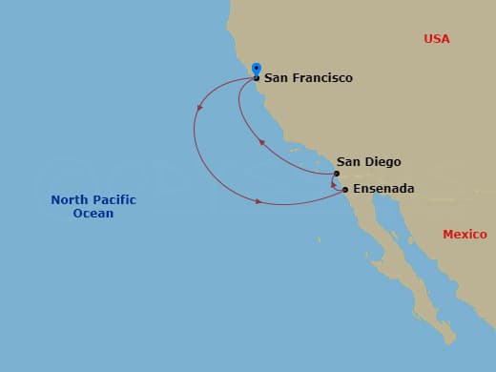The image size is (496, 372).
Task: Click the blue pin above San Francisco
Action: pos(256,69)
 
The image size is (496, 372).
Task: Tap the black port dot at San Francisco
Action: pos(256,78)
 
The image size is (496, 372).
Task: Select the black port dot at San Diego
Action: pos(337,174)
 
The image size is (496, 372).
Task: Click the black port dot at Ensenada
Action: pos(345,190)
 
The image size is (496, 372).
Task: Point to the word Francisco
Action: pos(321,78)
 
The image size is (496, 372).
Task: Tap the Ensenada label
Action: pos(383,189)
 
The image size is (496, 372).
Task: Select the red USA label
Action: pos(437,39)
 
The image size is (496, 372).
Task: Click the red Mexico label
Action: pos(465,235)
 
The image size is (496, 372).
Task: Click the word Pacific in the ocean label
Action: pos(114,199)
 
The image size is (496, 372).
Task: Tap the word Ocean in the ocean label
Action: pos(93,214)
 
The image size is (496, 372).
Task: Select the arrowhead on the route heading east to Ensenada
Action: pos(258,200)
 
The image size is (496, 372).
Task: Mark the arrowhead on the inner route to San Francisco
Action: pos(261,142)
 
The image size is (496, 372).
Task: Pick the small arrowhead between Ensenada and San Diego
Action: pos(334,183)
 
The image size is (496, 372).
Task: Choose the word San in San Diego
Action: pos(348,162)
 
